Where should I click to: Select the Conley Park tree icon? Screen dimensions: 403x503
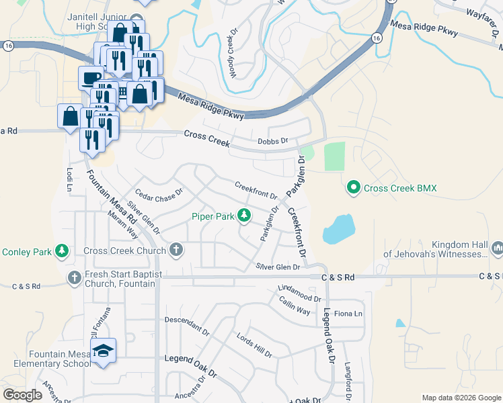pos(62,252)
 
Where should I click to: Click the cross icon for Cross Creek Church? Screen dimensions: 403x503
pos(176,251)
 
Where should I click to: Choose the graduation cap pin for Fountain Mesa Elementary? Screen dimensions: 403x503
pos(103,351)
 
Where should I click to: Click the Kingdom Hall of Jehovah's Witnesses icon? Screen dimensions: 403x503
pos(498,249)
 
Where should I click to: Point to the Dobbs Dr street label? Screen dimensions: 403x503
pos(273,141)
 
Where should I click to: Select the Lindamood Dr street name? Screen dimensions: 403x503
pos(299,294)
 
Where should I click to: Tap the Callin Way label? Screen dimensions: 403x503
pos(295,307)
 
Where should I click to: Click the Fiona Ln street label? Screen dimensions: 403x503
pos(348,314)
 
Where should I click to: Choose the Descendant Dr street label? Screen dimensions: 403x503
pos(187,326)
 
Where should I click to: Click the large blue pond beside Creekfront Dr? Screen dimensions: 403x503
pos(338,229)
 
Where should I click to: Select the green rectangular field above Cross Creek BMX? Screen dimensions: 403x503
pos(334,156)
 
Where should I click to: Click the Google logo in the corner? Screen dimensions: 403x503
pos(24,395)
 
